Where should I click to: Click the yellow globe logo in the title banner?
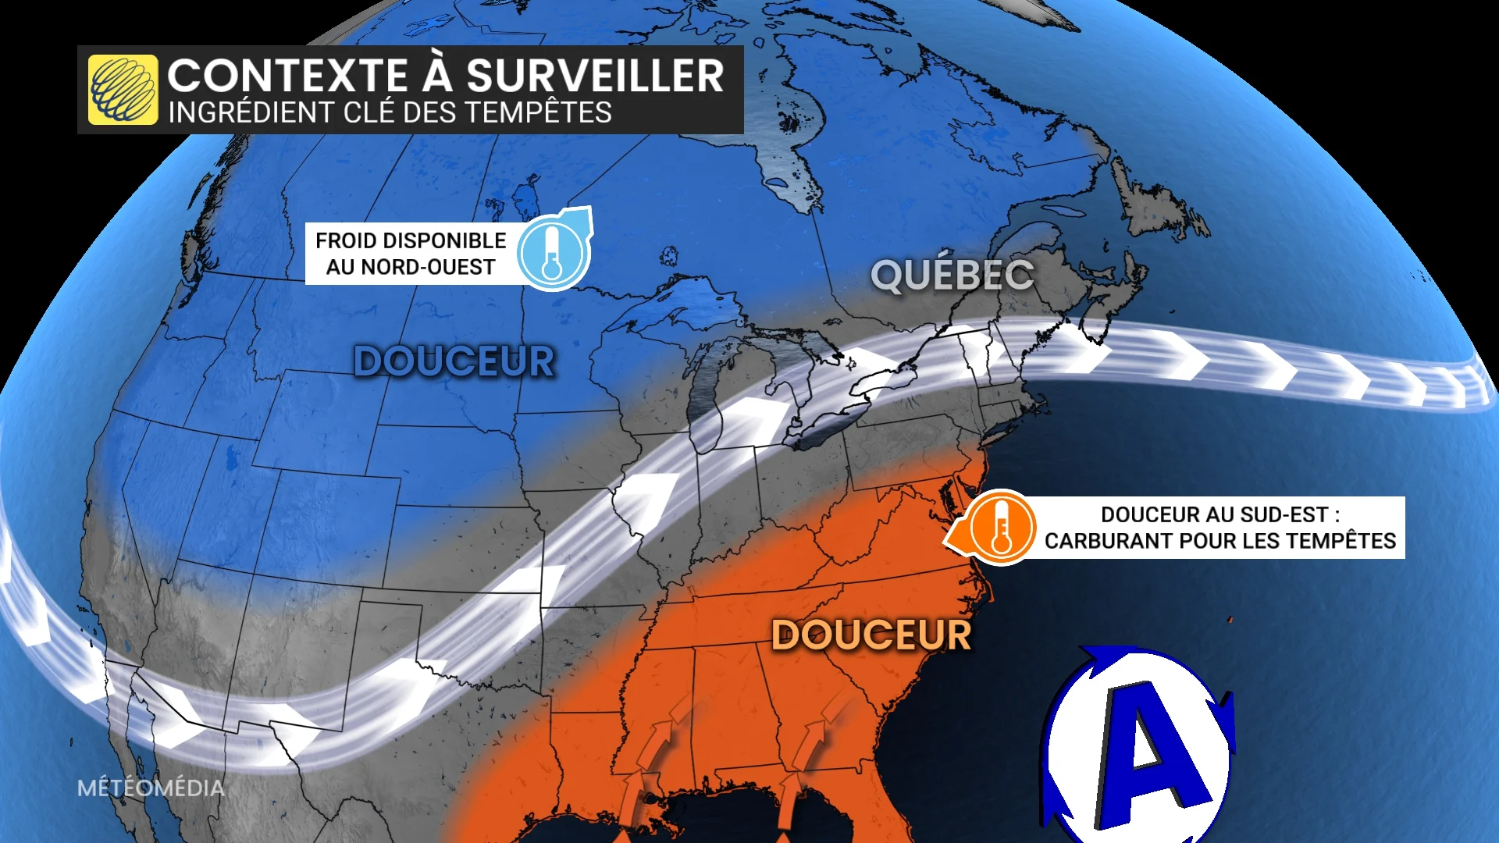pos(123,90)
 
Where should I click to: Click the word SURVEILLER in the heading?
pos(595,76)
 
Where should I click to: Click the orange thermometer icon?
pos(1002,528)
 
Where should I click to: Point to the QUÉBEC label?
pos(952,276)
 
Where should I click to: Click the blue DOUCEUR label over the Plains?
pos(454,362)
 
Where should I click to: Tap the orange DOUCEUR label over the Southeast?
pos(871,635)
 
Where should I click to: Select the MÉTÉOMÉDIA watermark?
pos(151,788)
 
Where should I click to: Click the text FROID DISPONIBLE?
pos(411,240)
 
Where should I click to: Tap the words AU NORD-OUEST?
pos(411,267)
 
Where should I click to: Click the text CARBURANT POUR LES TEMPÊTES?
pos(1219,541)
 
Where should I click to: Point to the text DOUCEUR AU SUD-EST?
pos(1219,514)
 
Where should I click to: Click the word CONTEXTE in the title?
pos(287,76)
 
